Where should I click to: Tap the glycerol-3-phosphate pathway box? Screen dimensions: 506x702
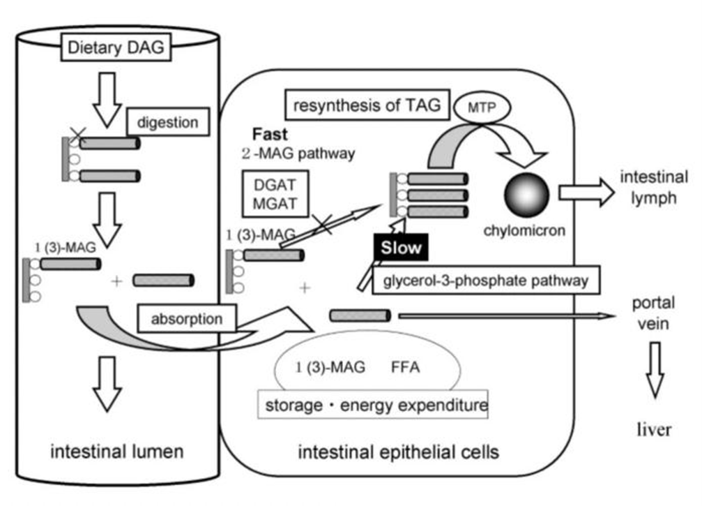[486, 281]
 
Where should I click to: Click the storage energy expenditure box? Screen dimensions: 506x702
[372, 405]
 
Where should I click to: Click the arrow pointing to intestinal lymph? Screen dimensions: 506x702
[586, 193]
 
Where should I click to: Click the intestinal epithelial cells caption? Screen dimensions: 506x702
[398, 452]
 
